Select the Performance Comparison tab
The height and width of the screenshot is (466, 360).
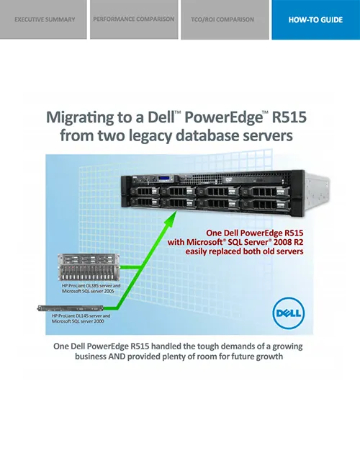coord(134,19)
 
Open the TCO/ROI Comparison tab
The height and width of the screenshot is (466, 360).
coord(225,19)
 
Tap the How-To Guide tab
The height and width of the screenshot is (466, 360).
coord(316,19)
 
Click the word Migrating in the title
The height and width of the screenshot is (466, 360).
coord(80,117)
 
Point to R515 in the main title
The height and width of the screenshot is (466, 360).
coord(289,117)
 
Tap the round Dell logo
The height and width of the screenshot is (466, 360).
coord(289,313)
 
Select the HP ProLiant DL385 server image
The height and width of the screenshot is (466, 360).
coord(89,267)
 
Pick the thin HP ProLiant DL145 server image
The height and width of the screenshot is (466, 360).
coord(70,308)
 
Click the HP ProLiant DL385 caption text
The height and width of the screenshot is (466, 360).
coord(91,288)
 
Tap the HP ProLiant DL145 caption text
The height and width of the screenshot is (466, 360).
coord(81,318)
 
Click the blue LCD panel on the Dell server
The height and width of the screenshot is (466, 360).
coord(166,179)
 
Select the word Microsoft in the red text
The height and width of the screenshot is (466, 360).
coord(204,242)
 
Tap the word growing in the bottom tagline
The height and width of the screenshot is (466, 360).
coord(287,347)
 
